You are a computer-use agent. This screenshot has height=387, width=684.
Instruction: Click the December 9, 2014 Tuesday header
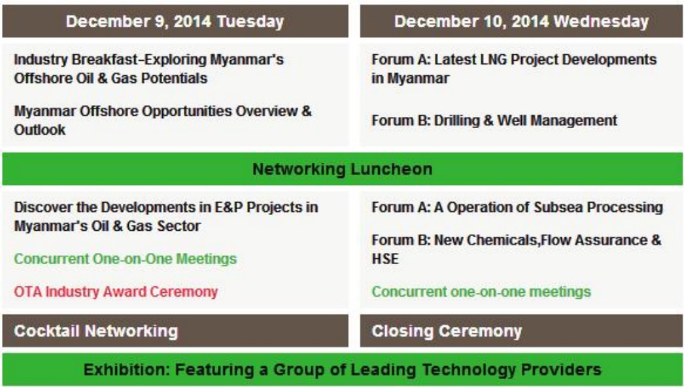[x=175, y=22]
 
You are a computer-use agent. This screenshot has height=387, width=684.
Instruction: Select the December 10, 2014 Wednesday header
[x=521, y=22]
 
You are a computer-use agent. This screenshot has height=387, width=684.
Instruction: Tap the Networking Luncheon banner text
[x=343, y=169]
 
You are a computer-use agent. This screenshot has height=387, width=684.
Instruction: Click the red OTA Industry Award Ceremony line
[x=116, y=292]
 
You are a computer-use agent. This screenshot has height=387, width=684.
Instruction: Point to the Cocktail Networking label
[x=96, y=331]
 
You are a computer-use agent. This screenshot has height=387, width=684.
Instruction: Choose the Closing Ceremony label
[x=447, y=331]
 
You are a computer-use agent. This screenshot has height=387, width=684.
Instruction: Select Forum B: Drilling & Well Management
[x=494, y=120]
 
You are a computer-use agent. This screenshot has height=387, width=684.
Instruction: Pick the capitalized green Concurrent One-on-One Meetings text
[x=126, y=259]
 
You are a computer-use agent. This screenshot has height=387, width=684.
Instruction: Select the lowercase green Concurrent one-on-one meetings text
[x=481, y=292]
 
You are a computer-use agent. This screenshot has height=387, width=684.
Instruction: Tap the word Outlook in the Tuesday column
[x=40, y=129]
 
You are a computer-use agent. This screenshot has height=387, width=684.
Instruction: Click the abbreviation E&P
[x=229, y=207]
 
